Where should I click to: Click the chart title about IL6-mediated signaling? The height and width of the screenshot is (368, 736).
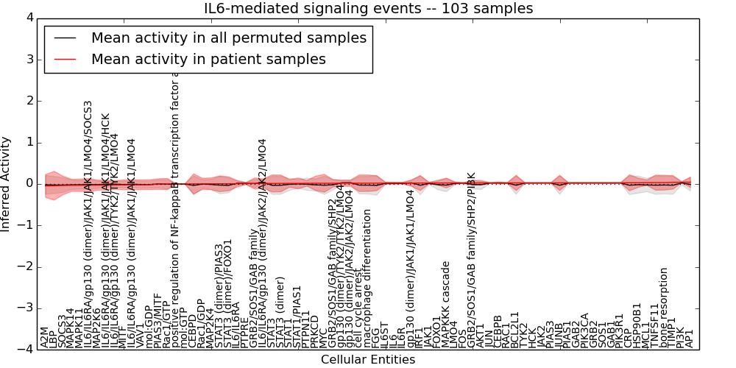click(x=368, y=9)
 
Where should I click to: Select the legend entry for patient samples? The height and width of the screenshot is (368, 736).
click(x=208, y=60)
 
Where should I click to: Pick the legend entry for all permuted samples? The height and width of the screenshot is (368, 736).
click(x=228, y=38)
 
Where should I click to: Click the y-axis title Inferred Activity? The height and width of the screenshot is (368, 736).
click(x=7, y=184)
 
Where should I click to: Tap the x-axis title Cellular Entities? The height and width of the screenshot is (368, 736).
click(x=368, y=360)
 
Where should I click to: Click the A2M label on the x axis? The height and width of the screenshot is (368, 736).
click(x=44, y=338)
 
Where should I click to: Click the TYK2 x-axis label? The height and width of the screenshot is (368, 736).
click(x=525, y=336)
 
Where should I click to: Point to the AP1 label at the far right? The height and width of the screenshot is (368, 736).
click(x=690, y=338)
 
